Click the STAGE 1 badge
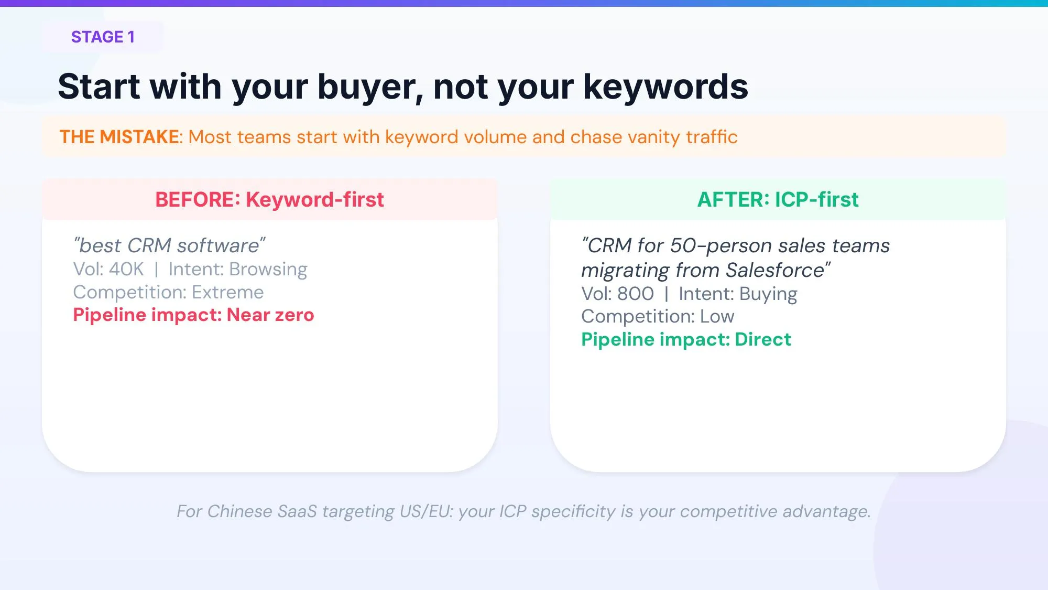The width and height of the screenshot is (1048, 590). (x=103, y=37)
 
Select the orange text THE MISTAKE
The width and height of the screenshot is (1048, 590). (x=119, y=137)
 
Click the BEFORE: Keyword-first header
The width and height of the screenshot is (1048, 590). (x=269, y=200)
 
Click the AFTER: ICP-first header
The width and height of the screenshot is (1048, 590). (x=778, y=200)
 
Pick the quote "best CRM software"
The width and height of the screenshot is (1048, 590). (x=169, y=245)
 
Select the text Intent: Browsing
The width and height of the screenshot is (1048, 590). (x=237, y=269)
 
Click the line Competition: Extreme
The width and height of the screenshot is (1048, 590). (x=168, y=292)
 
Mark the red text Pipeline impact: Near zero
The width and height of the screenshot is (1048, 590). (x=193, y=315)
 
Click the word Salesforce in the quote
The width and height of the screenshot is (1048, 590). (x=774, y=271)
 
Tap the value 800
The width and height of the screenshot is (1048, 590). (x=635, y=294)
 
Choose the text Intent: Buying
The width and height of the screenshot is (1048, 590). (x=737, y=294)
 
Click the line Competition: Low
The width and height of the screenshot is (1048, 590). (x=658, y=316)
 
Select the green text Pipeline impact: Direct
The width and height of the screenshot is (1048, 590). (x=686, y=339)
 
